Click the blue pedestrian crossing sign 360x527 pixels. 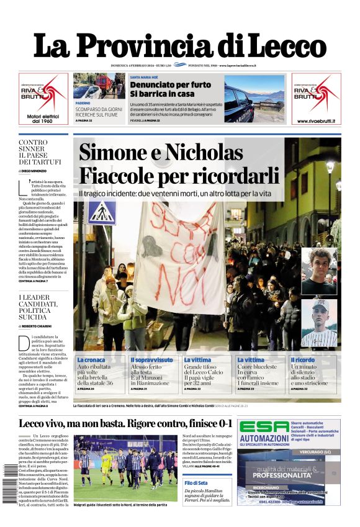(x=102, y=213)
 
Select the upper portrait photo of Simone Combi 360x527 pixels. (x=319, y=271)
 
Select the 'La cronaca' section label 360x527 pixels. (x=91, y=360)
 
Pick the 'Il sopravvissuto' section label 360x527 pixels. (x=152, y=360)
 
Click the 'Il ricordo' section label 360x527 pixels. (x=303, y=360)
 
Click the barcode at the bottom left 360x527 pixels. (x=7, y=485)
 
